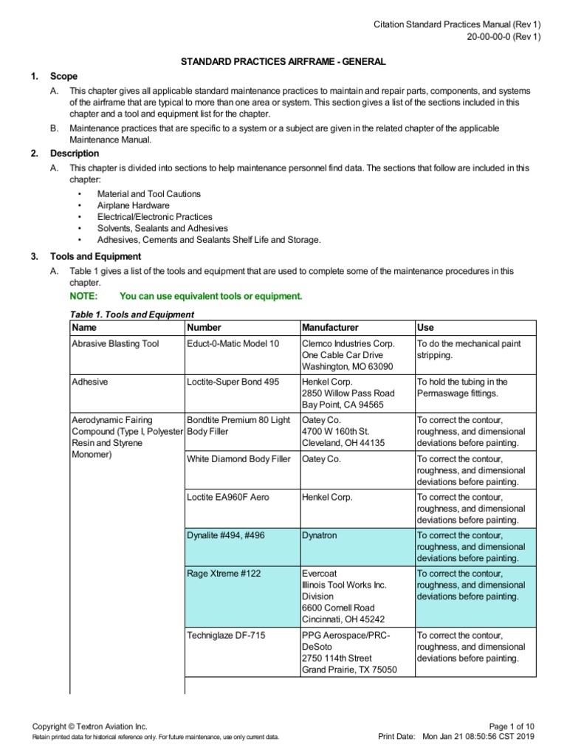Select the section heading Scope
coord(63,76)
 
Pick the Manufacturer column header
coord(330,327)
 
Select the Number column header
coord(205,327)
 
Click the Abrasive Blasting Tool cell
coord(115,344)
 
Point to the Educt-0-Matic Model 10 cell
coord(233,344)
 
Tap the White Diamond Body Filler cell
coord(239,459)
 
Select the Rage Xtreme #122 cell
coord(224,574)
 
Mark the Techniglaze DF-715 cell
coord(227,636)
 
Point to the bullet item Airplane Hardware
coord(133,205)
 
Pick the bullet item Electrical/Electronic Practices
coord(154,217)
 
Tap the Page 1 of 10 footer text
coord(515,726)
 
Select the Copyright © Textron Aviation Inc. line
coord(90,726)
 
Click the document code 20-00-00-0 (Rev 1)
coord(503,38)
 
